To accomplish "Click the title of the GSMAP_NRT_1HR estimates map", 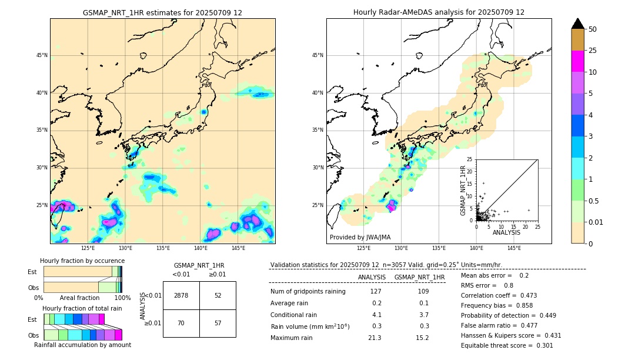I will (x=162, y=12).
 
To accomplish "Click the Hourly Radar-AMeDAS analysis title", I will (x=439, y=12).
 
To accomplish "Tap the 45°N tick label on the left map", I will (x=42, y=55).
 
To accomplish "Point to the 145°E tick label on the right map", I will (x=514, y=248).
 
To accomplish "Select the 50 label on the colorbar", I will (x=593, y=29).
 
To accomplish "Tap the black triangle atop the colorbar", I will (x=578, y=24).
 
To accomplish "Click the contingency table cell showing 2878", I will (x=181, y=295).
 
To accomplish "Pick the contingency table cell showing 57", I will (x=218, y=323).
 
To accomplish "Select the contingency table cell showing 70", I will (x=181, y=323).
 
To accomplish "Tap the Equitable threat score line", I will (x=507, y=345).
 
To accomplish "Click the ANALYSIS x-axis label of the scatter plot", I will (x=506, y=232).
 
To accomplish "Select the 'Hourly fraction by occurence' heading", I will (x=82, y=261).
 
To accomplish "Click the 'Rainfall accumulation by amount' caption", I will (x=82, y=345).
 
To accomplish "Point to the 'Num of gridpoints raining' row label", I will (x=308, y=291).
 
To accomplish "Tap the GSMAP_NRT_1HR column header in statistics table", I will (x=419, y=277).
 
